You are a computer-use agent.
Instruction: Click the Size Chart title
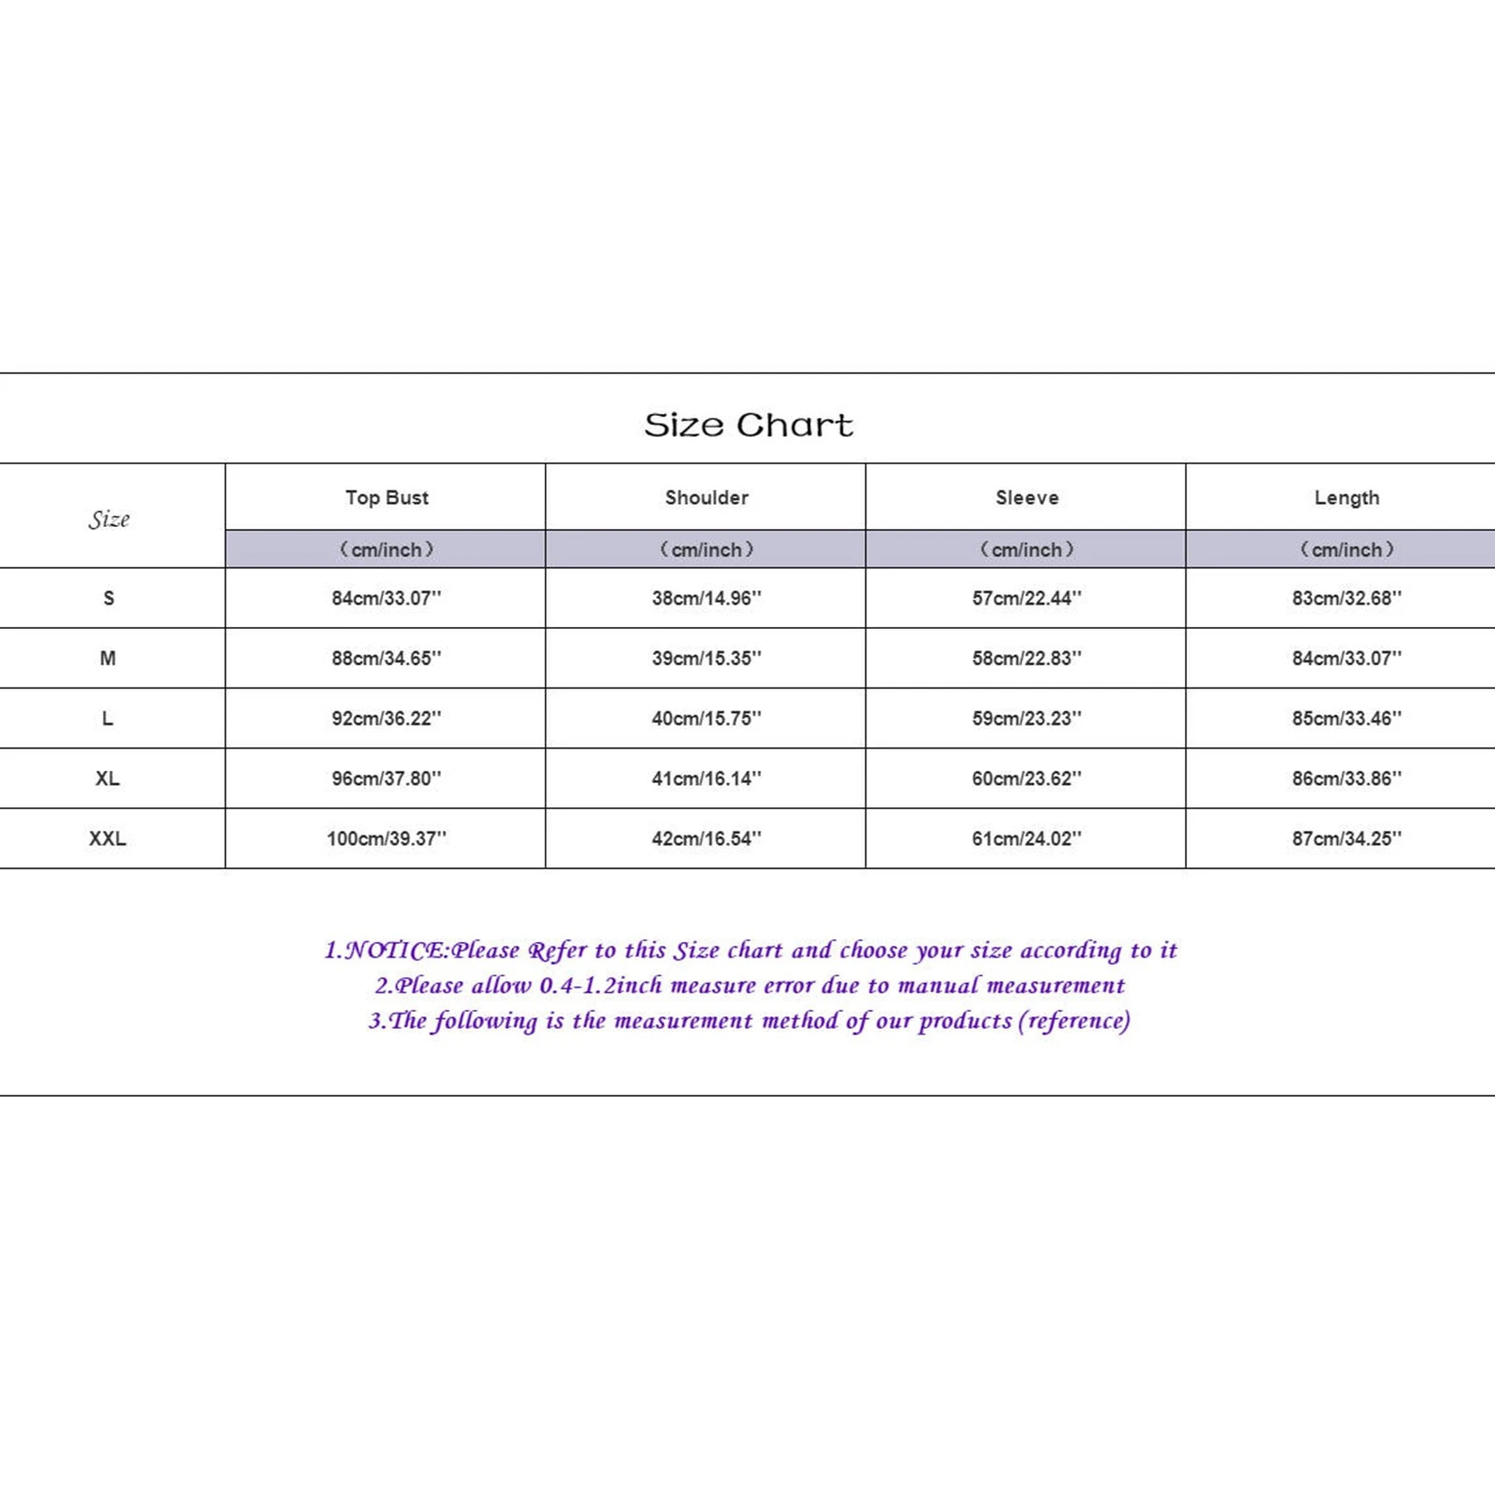(748, 425)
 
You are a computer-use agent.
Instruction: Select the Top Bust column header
(387, 498)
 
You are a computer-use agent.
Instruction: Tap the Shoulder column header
(706, 498)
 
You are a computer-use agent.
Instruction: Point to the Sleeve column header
(1027, 498)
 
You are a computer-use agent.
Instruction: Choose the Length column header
(1346, 498)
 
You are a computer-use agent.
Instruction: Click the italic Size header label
(108, 520)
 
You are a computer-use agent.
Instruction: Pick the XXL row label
(107, 839)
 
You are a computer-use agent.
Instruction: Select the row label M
(107, 659)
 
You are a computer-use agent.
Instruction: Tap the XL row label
(107, 778)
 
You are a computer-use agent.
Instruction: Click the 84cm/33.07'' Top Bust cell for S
(386, 598)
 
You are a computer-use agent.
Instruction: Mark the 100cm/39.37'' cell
(386, 839)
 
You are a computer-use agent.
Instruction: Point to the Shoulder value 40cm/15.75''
(706, 719)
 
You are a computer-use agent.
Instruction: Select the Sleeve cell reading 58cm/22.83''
(1026, 659)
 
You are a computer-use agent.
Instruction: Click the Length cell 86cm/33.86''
(1346, 778)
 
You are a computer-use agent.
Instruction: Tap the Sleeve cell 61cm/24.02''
(1026, 839)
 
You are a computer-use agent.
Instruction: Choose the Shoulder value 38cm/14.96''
(706, 598)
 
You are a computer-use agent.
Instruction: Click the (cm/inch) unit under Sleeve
(1027, 549)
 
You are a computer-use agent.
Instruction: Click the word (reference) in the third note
(1074, 1020)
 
